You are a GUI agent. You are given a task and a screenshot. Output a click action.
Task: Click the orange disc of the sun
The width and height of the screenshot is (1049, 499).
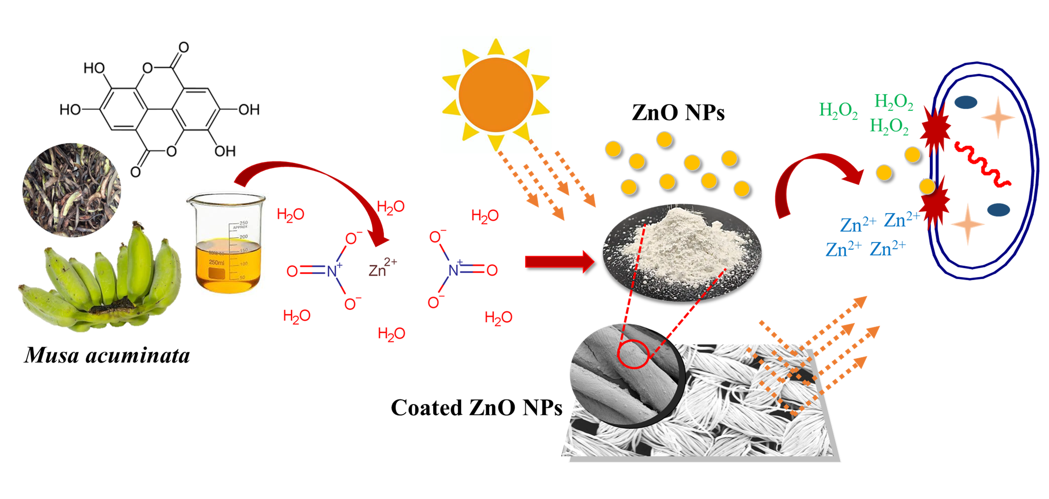click(496, 95)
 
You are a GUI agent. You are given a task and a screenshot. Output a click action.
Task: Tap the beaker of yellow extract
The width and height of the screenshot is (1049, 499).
click(227, 244)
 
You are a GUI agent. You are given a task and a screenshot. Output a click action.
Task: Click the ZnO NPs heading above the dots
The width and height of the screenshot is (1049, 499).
click(678, 113)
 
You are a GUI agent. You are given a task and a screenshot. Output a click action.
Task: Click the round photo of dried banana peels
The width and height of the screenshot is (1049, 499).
click(72, 190)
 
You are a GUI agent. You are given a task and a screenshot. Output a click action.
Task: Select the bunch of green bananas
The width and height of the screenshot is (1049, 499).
click(102, 281)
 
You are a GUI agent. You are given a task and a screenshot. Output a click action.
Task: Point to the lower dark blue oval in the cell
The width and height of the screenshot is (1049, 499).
click(999, 210)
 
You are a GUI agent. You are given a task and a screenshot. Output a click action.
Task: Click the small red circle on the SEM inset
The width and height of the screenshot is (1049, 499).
click(633, 354)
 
